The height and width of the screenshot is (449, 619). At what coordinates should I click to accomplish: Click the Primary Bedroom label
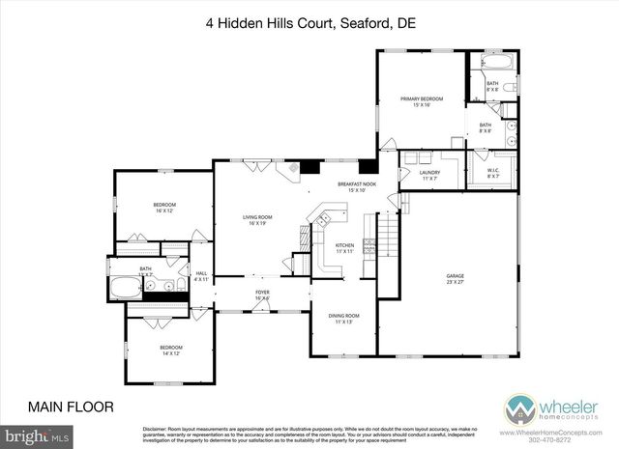pyautogui.click(x=422, y=100)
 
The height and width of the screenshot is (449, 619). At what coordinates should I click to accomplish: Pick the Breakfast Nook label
pyautogui.click(x=356, y=185)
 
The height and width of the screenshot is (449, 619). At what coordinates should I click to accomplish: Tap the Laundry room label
pyautogui.click(x=429, y=175)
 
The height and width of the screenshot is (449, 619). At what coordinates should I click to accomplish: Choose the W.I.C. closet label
pyautogui.click(x=493, y=174)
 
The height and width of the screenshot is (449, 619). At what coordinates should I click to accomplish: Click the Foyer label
pyautogui.click(x=262, y=295)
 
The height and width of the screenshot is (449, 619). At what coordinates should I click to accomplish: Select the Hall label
pyautogui.click(x=202, y=276)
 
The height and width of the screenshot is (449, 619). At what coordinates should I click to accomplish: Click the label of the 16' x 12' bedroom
pyautogui.click(x=164, y=207)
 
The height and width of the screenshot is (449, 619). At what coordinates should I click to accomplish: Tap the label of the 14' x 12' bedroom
pyautogui.click(x=170, y=350)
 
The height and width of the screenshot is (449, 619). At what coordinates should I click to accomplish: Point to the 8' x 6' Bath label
pyautogui.click(x=492, y=86)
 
